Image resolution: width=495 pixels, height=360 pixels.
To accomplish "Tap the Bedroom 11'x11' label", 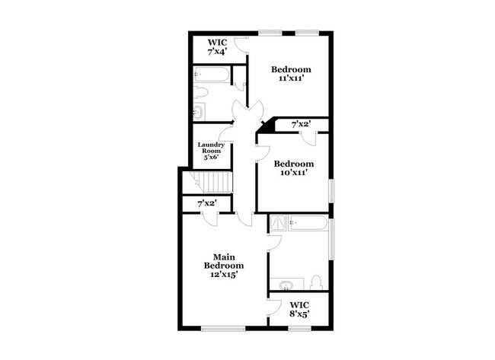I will (x=292, y=75).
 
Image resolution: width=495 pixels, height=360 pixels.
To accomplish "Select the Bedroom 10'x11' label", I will (x=293, y=168).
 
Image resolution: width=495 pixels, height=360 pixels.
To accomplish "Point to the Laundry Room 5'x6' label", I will (x=211, y=151).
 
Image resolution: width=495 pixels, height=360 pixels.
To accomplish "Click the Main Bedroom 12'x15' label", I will (x=223, y=265).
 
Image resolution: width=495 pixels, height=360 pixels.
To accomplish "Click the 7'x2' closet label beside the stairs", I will (x=207, y=204).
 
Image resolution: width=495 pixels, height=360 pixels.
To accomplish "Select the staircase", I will (x=212, y=183).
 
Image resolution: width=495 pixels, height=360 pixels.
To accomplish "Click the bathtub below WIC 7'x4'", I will (x=212, y=75).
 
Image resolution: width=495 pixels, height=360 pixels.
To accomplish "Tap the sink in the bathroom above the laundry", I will (x=198, y=113).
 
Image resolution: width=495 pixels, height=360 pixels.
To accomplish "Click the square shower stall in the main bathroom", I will (x=279, y=224).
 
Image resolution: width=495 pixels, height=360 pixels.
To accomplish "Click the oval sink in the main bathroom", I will (x=286, y=285).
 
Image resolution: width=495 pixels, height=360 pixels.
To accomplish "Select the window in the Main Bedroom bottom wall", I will (x=223, y=329).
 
